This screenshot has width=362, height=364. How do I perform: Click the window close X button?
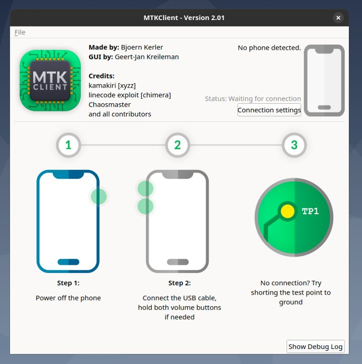[x=338, y=18]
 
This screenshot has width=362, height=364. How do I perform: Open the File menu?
[x=20, y=32]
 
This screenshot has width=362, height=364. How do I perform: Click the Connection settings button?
[x=269, y=110]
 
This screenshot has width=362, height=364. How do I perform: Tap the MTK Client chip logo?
[x=50, y=81]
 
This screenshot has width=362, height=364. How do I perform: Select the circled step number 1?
[x=68, y=145]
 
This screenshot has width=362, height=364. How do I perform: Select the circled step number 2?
[x=177, y=145]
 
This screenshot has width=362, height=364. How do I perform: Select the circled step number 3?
[x=294, y=145]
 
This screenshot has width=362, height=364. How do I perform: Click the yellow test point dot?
[x=288, y=211]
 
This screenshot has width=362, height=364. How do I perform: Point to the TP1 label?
[x=310, y=211]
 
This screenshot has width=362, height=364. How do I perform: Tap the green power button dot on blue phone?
[x=99, y=196]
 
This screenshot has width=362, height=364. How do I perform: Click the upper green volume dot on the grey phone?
[x=145, y=188]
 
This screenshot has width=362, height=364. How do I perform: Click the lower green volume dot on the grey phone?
[x=145, y=206]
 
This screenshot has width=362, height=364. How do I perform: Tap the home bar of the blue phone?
[x=68, y=262]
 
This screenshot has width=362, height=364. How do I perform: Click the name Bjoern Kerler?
[x=142, y=47]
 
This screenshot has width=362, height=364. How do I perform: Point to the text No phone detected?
[x=269, y=48]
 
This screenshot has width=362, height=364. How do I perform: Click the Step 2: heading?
[x=179, y=283]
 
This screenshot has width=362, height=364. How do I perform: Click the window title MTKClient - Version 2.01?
[x=184, y=18]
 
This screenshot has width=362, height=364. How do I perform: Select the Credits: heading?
[x=102, y=76]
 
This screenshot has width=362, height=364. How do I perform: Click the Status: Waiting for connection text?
[x=253, y=99]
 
